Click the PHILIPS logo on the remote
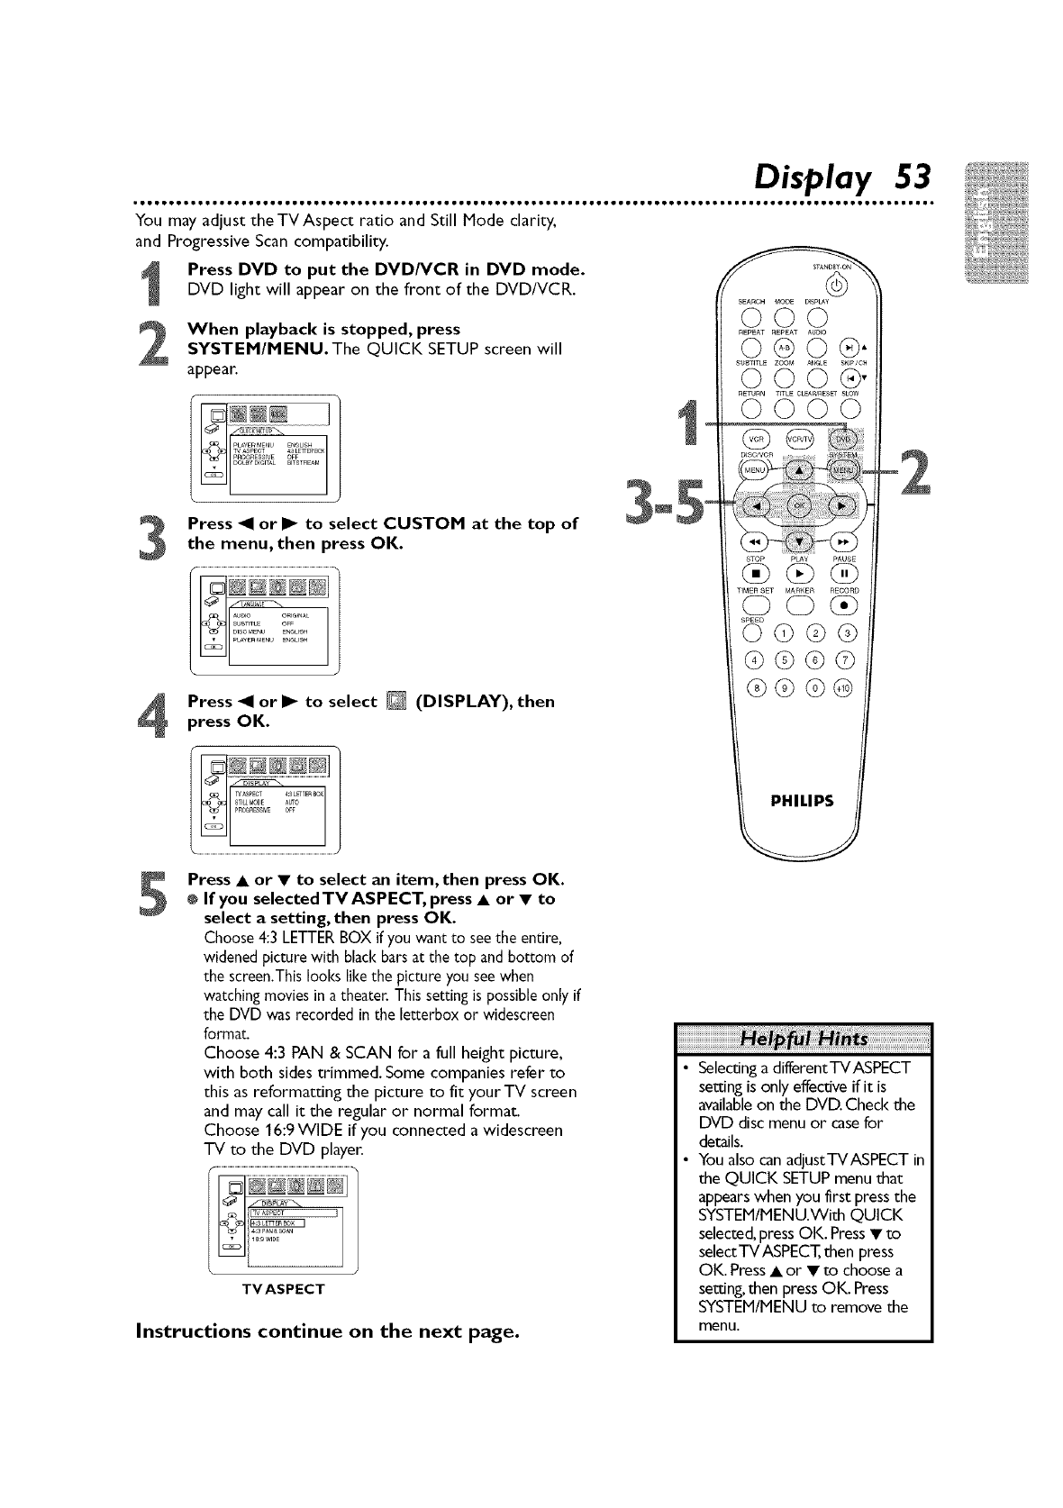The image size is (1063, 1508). [x=800, y=801]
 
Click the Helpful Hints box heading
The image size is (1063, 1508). [x=803, y=1039]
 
